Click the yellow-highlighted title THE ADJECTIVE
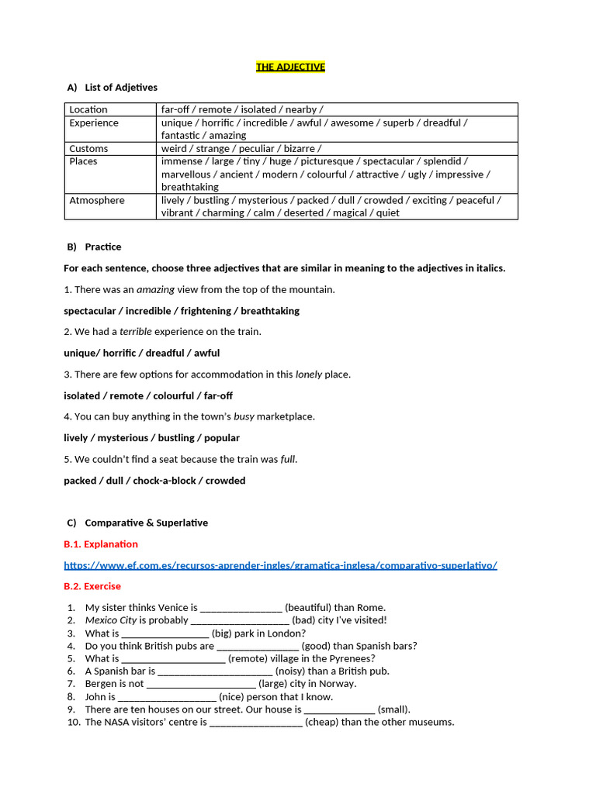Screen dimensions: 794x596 (290, 67)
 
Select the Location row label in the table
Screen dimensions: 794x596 (88, 110)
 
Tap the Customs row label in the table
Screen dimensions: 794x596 (88, 148)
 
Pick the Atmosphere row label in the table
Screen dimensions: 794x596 (97, 200)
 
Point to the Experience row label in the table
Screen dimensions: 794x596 (94, 123)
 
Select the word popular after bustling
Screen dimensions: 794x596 (222, 438)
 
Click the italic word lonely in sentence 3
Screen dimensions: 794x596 (309, 375)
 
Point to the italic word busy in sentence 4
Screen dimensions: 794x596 (244, 416)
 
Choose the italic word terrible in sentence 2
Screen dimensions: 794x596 (136, 332)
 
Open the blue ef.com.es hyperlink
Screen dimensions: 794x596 (280, 565)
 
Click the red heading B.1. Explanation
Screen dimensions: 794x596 (101, 544)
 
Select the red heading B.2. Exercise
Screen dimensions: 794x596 (92, 586)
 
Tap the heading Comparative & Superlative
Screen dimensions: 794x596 (147, 523)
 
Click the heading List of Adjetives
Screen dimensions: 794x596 (121, 88)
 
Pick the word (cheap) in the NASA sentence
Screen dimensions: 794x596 (321, 722)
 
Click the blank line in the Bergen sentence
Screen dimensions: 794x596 (201, 685)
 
